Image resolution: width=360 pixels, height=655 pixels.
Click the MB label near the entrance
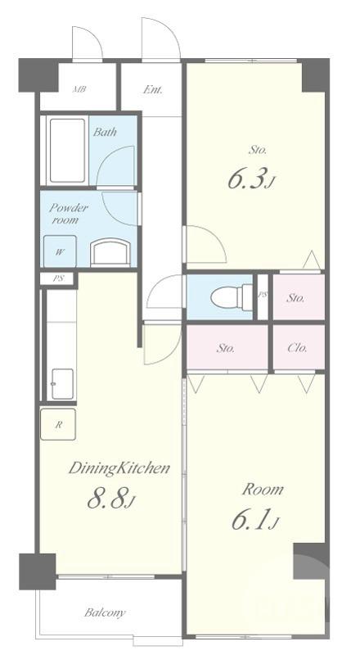pos(79,89)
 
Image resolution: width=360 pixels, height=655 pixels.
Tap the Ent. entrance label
pos(153,89)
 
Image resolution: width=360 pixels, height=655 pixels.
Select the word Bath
pos(105,133)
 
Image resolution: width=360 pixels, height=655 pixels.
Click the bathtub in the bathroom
pos(67,151)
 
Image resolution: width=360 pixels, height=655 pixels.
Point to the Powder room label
pos(69,214)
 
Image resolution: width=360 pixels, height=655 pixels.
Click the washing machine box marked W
pos(61,251)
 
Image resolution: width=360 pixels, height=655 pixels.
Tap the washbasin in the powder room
pos(110,252)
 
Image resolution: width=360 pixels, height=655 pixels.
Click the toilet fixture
pos(232,297)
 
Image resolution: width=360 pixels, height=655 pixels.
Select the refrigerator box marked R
pos(58,424)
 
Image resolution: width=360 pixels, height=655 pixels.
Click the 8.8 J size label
pos(111,499)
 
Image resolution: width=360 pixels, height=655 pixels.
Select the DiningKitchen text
pos(119,468)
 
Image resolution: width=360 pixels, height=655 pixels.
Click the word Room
pos(263,489)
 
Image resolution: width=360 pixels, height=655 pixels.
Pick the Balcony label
pos(105,612)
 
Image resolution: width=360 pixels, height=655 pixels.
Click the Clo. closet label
pos(298,347)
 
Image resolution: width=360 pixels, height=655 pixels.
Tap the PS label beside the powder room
pos(58,278)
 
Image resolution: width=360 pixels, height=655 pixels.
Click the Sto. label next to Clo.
pos(226,347)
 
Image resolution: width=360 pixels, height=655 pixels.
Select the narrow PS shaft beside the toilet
pos(263,297)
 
